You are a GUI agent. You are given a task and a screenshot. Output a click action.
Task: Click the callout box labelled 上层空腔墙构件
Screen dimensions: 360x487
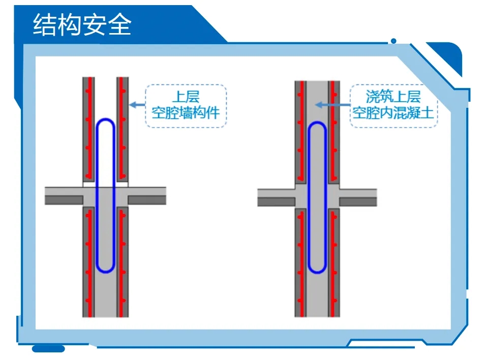pos(186,106)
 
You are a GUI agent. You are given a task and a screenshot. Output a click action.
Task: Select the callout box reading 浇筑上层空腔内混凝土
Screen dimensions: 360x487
pos(393,106)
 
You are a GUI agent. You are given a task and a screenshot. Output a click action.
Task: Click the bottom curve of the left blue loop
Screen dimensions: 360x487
pos(106,271)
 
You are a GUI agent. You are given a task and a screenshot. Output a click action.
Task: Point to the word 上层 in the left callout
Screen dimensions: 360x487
pos(186,96)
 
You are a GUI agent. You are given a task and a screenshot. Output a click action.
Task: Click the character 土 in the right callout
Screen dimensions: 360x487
pos(427,112)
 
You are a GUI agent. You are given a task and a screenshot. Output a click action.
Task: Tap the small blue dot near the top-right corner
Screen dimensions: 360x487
pos(393,41)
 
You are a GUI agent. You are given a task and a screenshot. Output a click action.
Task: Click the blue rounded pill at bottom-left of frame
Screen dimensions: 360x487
pos(48,349)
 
